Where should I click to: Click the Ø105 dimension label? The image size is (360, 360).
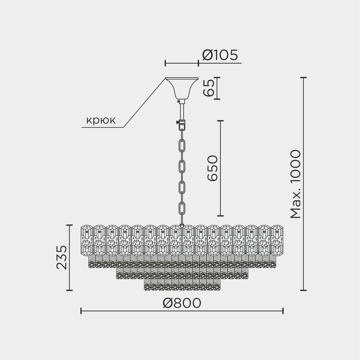(220, 55)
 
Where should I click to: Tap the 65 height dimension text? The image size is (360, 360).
(208, 88)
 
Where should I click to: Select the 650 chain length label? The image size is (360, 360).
(212, 168)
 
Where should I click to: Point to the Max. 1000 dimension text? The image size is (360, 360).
(295, 184)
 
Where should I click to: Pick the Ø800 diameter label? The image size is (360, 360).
(181, 303)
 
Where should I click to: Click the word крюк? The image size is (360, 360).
(101, 120)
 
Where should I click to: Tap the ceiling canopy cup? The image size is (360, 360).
(181, 88)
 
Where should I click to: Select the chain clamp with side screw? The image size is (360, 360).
(181, 125)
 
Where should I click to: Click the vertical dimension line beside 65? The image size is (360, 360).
(217, 88)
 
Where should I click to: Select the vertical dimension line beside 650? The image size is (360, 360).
(220, 168)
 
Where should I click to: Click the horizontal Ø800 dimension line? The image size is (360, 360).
(181, 311)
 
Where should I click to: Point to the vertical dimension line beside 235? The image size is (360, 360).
(71, 257)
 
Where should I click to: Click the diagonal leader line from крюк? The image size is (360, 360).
(144, 103)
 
